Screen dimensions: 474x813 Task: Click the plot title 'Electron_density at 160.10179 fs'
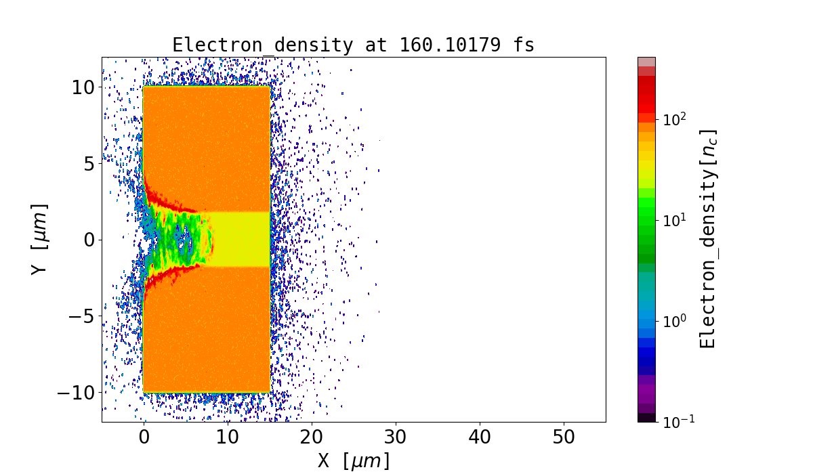(353, 45)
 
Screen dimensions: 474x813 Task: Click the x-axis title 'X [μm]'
(354, 461)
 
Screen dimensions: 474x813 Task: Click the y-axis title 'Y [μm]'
(40, 239)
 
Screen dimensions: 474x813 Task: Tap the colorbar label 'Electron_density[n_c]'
(708, 239)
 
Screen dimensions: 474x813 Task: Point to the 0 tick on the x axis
(144, 437)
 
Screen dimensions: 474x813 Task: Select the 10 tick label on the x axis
(228, 437)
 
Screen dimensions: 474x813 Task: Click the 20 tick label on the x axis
(312, 437)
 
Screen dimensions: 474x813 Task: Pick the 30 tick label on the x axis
(396, 437)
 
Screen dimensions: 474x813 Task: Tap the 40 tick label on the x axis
(480, 437)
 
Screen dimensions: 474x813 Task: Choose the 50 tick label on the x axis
(564, 437)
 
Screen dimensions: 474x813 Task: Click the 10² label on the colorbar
(675, 119)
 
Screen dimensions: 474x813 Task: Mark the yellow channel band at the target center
(241, 239)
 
